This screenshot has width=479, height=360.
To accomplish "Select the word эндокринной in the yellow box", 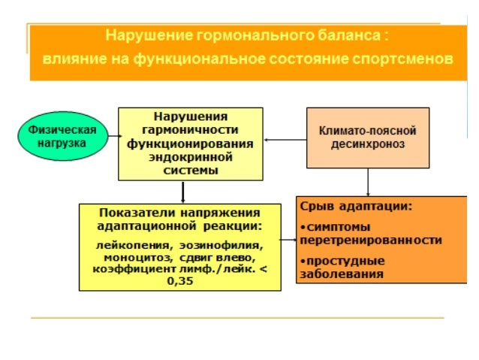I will click(191, 158).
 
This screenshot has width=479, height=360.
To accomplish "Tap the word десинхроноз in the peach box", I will click(367, 144).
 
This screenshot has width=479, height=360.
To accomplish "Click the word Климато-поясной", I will click(367, 130).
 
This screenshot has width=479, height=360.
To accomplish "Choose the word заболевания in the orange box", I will click(342, 274).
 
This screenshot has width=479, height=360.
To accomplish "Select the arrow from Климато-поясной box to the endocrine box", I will click(285, 139).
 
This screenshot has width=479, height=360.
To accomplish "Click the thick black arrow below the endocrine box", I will click(182, 192).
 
